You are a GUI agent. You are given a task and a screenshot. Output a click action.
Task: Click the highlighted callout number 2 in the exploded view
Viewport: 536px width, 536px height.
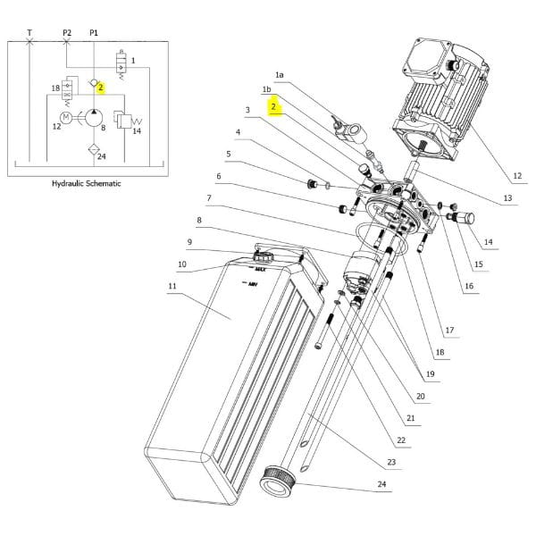tap(273, 106)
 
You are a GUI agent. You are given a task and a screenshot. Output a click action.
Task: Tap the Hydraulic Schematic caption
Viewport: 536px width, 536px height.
tap(86, 183)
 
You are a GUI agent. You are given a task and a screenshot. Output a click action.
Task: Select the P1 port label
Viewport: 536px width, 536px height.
tap(94, 33)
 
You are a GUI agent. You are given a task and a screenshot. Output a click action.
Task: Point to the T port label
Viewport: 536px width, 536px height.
tap(29, 33)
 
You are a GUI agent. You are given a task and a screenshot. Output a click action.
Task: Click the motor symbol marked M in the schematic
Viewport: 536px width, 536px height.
tap(65, 118)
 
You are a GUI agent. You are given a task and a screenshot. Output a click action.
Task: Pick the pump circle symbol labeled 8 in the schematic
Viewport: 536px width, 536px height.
tap(94, 118)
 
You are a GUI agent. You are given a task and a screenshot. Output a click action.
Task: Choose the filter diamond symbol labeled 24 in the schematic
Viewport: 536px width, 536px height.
tap(94, 150)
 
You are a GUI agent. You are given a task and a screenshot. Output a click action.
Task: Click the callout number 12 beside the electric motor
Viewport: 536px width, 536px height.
tap(517, 176)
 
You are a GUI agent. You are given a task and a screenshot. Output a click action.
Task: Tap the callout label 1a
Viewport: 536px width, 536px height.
tap(280, 75)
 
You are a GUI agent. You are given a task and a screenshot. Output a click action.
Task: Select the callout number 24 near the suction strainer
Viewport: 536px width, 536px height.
tap(381, 484)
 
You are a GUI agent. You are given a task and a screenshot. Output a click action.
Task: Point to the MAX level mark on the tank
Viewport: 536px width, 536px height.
tap(260, 270)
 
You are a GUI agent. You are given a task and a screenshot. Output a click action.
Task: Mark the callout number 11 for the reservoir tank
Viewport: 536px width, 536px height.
tap(172, 286)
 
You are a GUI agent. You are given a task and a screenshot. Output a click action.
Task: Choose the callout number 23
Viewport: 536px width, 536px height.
tap(391, 462)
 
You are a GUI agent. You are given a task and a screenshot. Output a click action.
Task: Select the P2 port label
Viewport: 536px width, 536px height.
tap(67, 33)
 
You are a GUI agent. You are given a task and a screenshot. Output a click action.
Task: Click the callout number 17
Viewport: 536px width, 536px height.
tap(449, 330)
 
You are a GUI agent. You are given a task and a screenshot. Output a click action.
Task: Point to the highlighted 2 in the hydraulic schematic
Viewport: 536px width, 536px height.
tap(100, 88)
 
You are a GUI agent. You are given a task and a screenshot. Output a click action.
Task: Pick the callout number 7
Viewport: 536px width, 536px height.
tap(209, 198)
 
